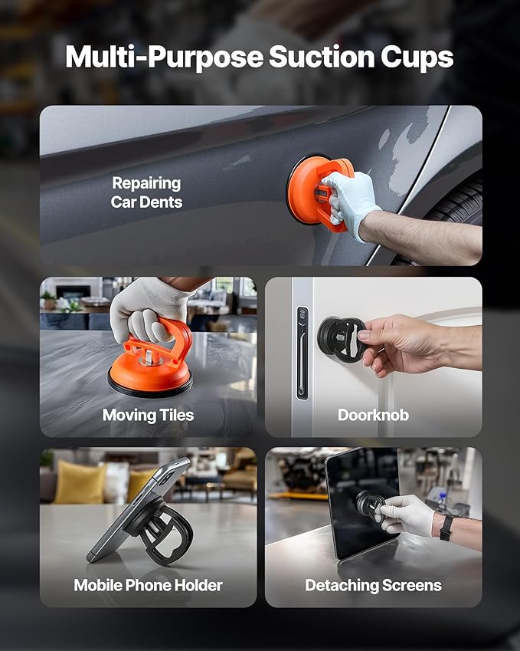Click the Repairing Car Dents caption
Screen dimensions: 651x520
[146, 192]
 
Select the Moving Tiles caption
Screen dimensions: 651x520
[148, 415]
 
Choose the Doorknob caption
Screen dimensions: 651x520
[373, 415]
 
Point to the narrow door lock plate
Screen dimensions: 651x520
[302, 353]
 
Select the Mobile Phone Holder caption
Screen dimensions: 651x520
[148, 585]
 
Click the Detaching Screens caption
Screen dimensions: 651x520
[373, 585]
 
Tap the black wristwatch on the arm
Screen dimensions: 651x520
[446, 527]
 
